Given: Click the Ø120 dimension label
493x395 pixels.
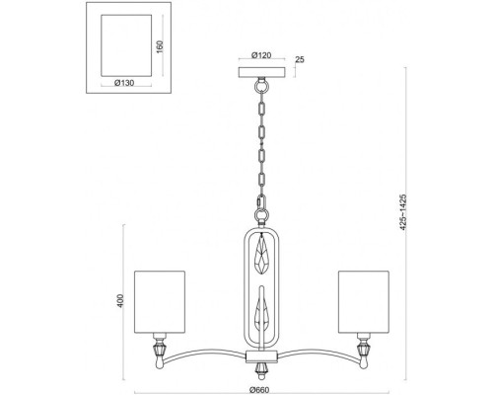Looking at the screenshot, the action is (261, 55).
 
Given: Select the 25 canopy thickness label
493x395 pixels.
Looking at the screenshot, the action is (300, 59).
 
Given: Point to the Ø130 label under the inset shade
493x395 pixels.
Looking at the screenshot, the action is (124, 83).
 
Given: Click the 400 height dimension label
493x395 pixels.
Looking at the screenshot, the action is (120, 301).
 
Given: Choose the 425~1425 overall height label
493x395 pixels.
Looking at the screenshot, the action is (403, 211).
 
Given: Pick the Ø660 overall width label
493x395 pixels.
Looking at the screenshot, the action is (259, 390).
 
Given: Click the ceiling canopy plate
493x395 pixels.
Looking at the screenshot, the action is (262, 72).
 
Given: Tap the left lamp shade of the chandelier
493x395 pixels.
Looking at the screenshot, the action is (160, 302).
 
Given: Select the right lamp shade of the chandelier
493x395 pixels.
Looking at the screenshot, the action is (364, 302).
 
